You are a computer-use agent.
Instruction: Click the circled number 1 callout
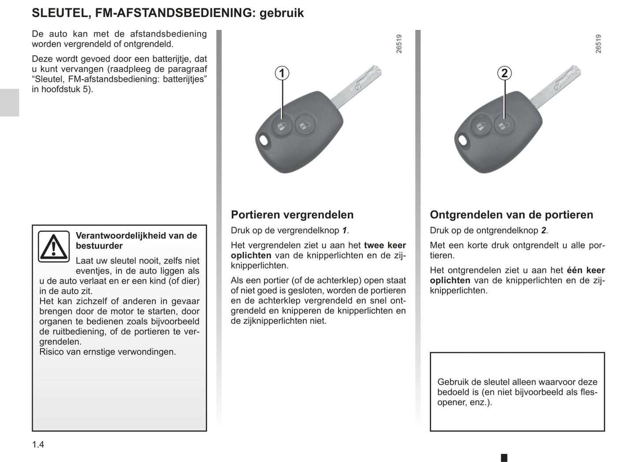click(282, 73)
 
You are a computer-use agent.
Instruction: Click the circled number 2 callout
click(504, 73)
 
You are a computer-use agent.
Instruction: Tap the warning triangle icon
click(53, 246)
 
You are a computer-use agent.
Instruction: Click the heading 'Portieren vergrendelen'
click(292, 215)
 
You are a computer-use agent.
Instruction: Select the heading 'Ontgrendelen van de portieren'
click(511, 215)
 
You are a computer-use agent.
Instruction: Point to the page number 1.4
click(38, 444)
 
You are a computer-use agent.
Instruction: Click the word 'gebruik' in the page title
click(282, 13)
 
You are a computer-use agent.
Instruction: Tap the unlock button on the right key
click(503, 126)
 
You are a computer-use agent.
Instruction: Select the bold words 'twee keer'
click(385, 245)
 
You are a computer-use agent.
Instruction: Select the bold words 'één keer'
click(586, 270)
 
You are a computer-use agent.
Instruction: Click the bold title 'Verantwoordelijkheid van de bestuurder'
click(136, 241)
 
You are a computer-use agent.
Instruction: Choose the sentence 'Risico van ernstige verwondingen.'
click(108, 352)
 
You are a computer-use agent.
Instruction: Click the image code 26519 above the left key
click(399, 44)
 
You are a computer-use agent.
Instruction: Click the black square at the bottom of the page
click(504, 458)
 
